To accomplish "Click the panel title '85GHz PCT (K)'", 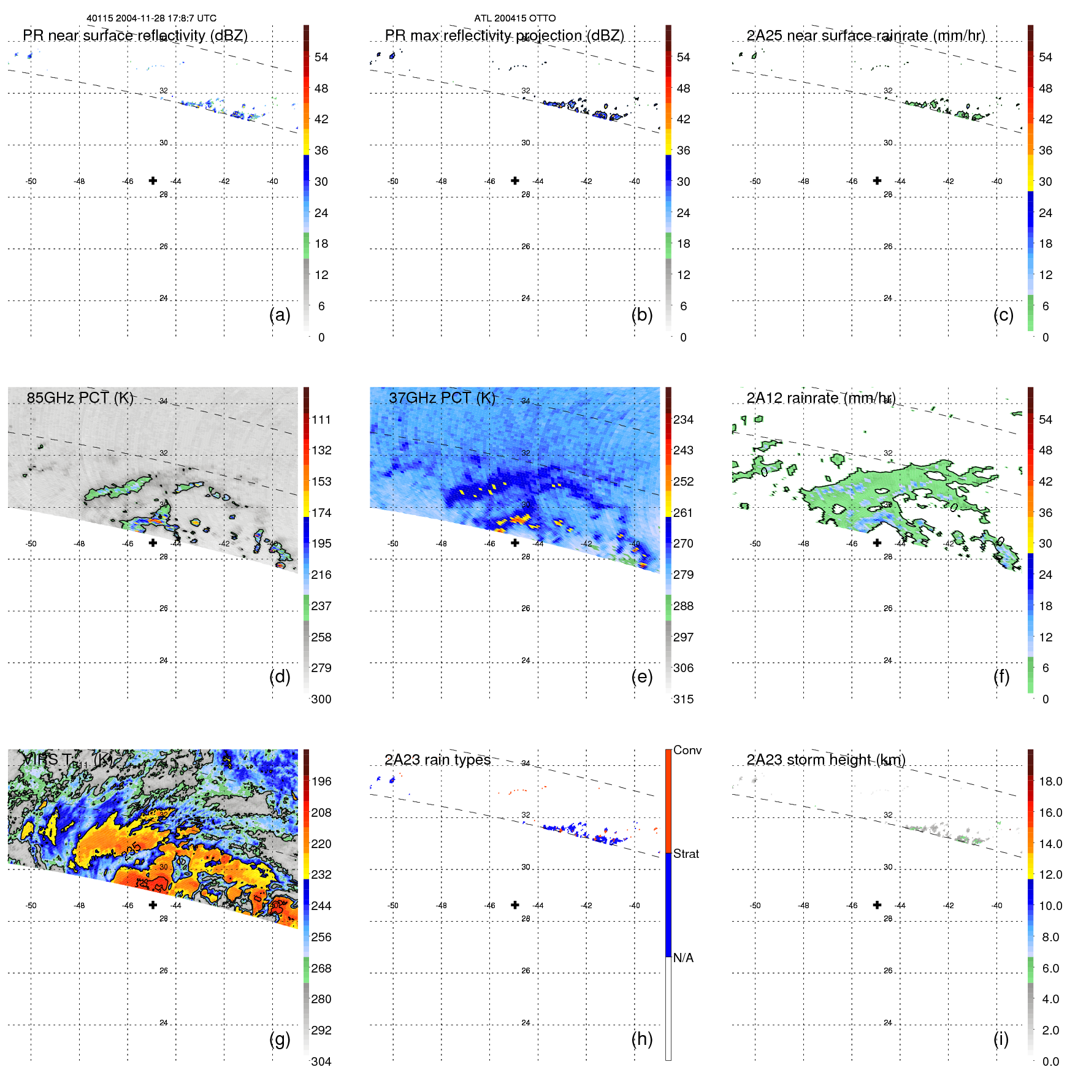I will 80,398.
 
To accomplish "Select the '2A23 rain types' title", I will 437,760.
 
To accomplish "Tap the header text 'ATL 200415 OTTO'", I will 514,18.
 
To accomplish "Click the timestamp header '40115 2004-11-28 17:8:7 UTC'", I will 151,18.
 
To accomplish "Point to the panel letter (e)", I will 641,676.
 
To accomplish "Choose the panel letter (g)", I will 280,1039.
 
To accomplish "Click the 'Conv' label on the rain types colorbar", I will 687,750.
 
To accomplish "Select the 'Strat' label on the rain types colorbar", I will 686,854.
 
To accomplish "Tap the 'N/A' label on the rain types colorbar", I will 683,958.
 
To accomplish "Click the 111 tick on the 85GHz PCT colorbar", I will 321,419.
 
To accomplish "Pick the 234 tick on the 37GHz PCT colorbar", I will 683,419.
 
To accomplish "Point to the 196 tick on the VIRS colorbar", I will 321,781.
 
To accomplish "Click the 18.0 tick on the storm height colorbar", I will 1050,781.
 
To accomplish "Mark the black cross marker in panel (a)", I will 153,180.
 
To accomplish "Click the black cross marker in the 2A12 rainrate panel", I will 877,543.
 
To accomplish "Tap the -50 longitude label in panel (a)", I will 31,182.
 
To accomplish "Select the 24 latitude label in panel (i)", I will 887,1022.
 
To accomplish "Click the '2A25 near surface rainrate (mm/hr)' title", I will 865,36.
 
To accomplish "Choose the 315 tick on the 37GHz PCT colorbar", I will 683,699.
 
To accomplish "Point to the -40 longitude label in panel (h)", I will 634,905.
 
